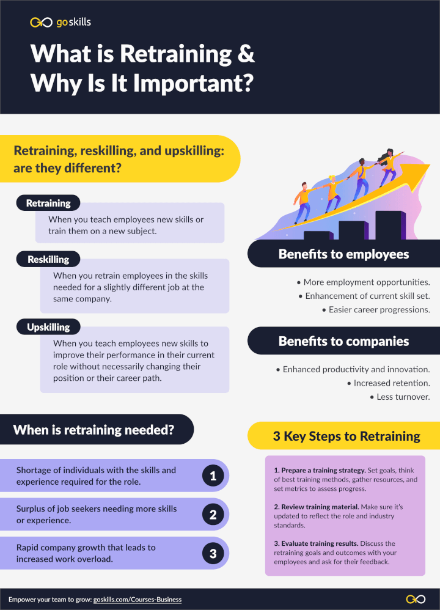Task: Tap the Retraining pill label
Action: (48, 203)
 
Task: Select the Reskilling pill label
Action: (48, 259)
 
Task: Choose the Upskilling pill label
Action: (48, 327)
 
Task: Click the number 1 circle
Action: (213, 476)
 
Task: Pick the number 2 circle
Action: (213, 515)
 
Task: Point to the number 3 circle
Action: (213, 554)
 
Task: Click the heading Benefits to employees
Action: (343, 254)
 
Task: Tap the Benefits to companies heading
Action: (343, 341)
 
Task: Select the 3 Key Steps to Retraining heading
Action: (346, 436)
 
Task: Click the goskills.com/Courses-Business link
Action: (137, 600)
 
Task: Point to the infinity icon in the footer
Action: (416, 599)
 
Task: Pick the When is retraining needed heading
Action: (94, 430)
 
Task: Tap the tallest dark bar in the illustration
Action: (389, 225)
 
